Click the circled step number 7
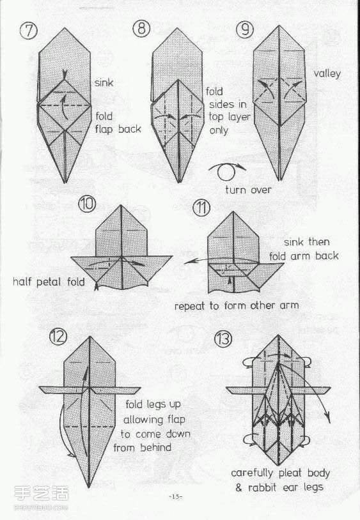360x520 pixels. pyautogui.click(x=29, y=31)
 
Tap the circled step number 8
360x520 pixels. pyautogui.click(x=142, y=28)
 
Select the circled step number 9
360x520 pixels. pyautogui.click(x=245, y=29)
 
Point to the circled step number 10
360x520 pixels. pyautogui.click(x=87, y=204)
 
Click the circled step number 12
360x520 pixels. pyautogui.click(x=58, y=337)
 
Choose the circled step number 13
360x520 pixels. pyautogui.click(x=223, y=339)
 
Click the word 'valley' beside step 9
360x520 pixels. pyautogui.click(x=327, y=73)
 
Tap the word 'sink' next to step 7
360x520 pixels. pyautogui.click(x=104, y=82)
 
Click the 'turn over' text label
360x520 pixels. pyautogui.click(x=248, y=190)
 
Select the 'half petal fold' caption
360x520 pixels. pyautogui.click(x=49, y=282)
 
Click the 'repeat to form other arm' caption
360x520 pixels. pyautogui.click(x=237, y=305)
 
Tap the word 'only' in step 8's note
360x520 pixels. pyautogui.click(x=219, y=130)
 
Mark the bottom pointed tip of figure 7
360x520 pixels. pyautogui.click(x=65, y=183)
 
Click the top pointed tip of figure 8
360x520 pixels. pyautogui.click(x=178, y=29)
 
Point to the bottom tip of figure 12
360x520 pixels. pyautogui.click(x=89, y=487)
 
